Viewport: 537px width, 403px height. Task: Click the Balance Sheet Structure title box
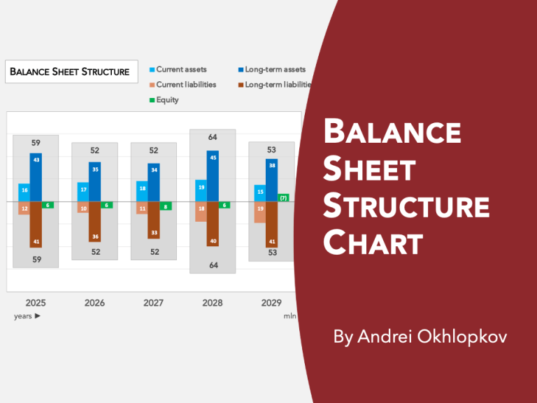pos(70,71)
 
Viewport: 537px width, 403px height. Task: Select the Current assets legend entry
pos(180,70)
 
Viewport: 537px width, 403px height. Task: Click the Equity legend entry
pos(167,100)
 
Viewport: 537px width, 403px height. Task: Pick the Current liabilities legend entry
pos(185,85)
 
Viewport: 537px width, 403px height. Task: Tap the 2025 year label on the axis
pos(36,303)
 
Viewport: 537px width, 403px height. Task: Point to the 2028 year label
pos(213,303)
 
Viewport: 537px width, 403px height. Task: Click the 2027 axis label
pos(153,303)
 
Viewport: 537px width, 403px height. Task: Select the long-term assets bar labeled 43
pos(36,177)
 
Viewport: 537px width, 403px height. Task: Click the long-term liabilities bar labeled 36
pos(94,222)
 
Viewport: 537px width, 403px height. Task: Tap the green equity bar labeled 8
pos(165,206)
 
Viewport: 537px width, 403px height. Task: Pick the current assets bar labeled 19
pos(201,190)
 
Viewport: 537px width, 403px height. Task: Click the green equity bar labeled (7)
pos(283,198)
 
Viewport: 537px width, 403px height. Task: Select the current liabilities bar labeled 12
pos(24,208)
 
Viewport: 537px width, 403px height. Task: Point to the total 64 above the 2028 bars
pos(213,137)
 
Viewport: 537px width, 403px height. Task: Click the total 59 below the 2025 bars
pos(36,260)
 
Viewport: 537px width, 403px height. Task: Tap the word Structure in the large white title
pos(406,208)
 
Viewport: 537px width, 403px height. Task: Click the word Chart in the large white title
pos(373,244)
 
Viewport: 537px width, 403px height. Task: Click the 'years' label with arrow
pos(27,316)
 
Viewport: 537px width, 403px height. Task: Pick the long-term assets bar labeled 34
pos(154,183)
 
